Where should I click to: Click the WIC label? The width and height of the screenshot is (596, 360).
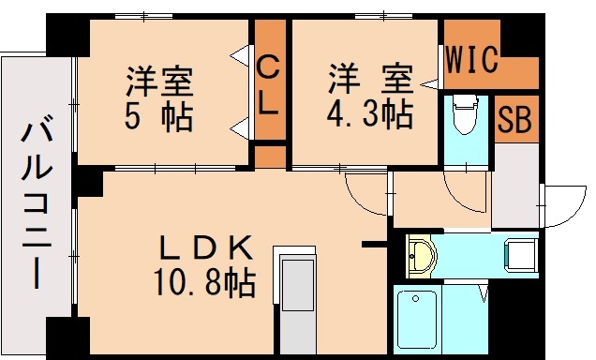[471, 63]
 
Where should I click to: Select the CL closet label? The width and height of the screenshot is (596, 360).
[268, 85]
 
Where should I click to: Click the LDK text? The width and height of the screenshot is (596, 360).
[206, 249]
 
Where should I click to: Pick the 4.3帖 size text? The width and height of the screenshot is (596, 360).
[369, 115]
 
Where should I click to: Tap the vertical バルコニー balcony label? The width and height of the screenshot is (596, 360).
[37, 202]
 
